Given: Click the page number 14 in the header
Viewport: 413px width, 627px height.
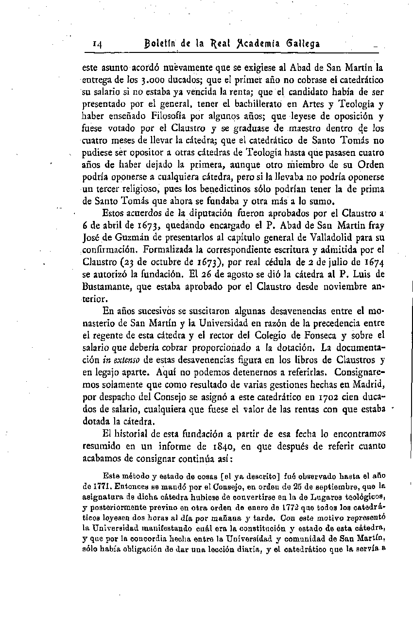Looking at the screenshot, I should (x=97, y=45).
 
